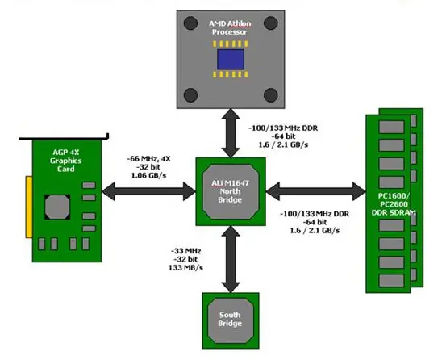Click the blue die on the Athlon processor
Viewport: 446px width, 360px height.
231,59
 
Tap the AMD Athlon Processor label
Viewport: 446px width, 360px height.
230,27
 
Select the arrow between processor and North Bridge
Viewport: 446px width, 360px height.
231,133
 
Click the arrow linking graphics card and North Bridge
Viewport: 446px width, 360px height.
148,191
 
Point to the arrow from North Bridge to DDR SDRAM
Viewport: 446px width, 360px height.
315,191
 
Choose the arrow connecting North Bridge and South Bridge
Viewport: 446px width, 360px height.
231,259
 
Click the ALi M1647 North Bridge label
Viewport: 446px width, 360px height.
230,191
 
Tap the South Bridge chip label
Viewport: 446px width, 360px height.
230,319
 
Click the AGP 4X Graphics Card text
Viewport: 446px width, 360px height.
65,161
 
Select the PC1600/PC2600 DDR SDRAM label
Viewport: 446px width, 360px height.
394,204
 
